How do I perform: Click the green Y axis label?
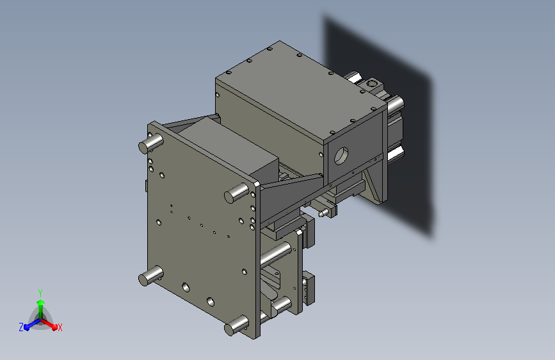coord(40,291)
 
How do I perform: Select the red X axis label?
coord(60,327)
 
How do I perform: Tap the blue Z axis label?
coord(21,327)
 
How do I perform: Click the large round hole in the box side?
coord(341,154)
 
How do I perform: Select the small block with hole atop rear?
coord(371,83)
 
